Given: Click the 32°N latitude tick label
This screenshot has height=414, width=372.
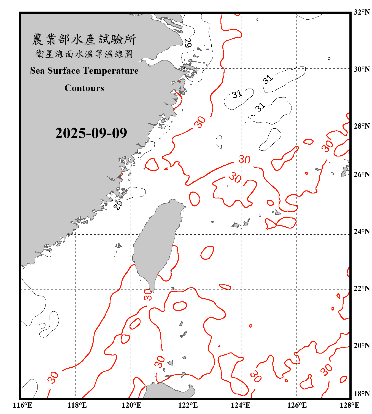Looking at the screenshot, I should (362, 12).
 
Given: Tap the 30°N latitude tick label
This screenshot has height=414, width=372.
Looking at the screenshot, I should (362, 69).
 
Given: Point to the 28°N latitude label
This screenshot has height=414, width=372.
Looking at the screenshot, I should (362, 126).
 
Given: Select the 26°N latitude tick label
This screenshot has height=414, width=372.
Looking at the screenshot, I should (362, 174).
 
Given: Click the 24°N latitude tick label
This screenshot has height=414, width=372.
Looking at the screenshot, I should (362, 232).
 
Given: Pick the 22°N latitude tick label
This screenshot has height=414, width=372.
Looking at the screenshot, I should (362, 288).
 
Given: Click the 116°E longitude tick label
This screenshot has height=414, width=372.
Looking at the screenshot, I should (23, 405).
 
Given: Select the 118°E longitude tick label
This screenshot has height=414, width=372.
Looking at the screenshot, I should (77, 405).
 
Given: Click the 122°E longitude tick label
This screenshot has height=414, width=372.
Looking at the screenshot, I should (188, 405).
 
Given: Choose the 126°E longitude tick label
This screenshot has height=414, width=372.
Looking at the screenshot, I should (297, 405).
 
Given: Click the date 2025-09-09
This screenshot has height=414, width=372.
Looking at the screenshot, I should (91, 133).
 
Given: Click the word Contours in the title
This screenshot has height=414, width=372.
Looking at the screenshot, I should (84, 88).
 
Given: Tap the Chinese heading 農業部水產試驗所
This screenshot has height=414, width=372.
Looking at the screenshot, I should (84, 39).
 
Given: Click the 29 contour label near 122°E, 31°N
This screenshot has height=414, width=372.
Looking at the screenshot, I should (187, 43).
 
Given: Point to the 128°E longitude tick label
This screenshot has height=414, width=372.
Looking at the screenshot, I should (349, 405).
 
